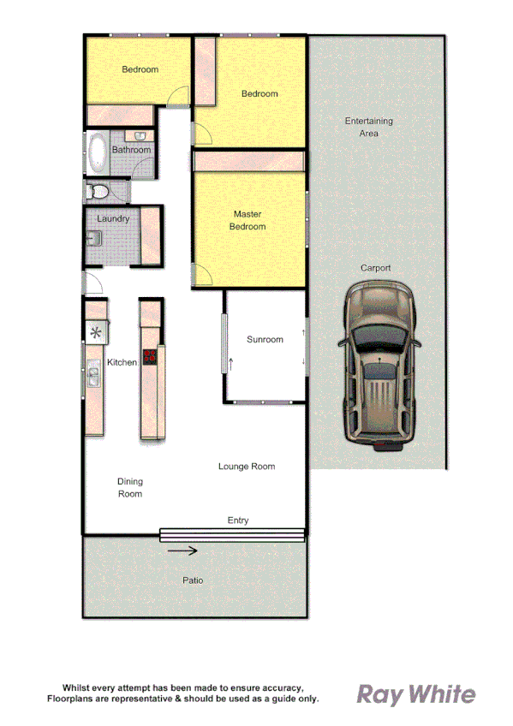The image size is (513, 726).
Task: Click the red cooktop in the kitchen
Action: [151, 357]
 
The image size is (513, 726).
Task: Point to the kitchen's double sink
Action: [92, 376]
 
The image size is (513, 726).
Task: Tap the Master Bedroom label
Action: [248, 220]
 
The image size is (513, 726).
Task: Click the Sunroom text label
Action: [264, 340]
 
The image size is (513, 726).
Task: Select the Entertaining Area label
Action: [368, 127]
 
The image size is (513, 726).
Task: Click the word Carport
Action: [375, 268]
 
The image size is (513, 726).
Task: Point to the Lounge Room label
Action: [247, 467]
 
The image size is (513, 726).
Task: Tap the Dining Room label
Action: [130, 488]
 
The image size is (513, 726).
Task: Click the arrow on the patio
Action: [182, 551]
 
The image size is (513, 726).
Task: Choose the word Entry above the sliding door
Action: [237, 521]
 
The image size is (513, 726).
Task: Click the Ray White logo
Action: [415, 694]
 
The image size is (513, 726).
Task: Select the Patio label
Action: [194, 580]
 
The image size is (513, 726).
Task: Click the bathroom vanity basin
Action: [137, 135]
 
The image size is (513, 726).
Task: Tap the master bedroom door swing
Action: [204, 275]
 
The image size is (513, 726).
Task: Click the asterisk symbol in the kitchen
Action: [96, 333]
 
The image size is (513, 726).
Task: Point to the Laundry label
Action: [113, 218]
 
